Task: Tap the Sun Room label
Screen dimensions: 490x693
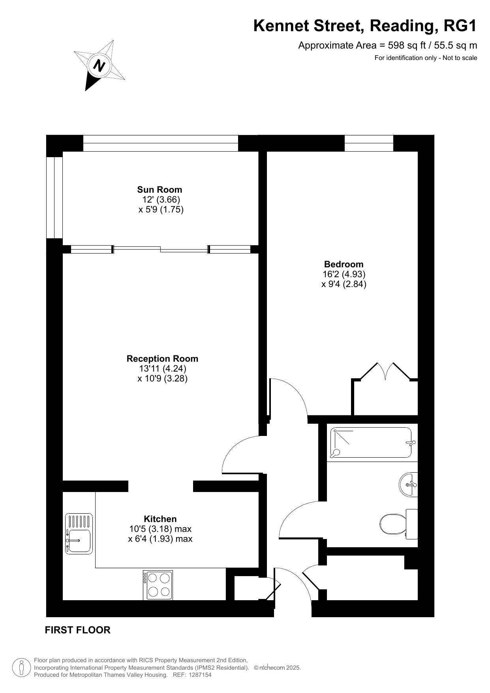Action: [x=160, y=190]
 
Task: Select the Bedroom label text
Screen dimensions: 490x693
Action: [x=344, y=264]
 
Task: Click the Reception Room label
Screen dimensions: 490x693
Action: [x=162, y=359]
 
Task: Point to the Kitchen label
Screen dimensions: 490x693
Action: [x=160, y=519]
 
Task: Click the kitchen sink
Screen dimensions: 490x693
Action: [x=79, y=533]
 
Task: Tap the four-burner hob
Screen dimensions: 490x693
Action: [x=158, y=585]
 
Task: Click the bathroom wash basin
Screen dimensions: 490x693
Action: [x=408, y=484]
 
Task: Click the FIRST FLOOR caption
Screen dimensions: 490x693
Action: [x=78, y=630]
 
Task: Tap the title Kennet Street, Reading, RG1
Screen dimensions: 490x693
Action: [x=365, y=26]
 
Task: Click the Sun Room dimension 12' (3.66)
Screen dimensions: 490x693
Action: [x=161, y=199]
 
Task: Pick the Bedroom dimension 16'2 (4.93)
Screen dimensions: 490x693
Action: [x=344, y=274]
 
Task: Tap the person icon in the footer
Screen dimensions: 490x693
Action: [x=21, y=667]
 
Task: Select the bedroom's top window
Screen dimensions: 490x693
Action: [x=369, y=143]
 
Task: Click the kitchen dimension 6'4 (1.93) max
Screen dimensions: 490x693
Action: [x=160, y=539]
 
